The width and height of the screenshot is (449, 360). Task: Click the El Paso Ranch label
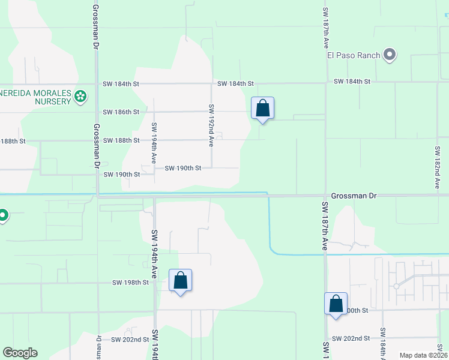pos(353,56)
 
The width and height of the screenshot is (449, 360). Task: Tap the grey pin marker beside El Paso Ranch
pos(390,55)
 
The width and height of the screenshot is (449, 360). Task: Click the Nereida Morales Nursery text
pos(35,95)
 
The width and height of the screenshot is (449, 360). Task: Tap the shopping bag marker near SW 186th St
pos(262,109)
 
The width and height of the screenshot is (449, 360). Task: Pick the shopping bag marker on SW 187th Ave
pos(336,304)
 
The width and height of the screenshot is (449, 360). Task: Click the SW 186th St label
pos(121,112)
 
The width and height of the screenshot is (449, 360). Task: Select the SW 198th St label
pos(130,282)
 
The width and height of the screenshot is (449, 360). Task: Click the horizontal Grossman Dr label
pos(354,196)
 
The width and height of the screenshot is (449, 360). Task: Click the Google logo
pos(20,353)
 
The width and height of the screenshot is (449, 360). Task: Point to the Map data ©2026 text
pos(423,355)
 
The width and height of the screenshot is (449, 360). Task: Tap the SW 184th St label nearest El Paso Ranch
pos(352,81)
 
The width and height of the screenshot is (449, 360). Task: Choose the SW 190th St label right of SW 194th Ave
pos(182,168)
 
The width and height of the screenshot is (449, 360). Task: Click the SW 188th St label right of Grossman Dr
pos(121,140)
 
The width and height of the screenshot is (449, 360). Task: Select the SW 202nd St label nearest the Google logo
pos(130,340)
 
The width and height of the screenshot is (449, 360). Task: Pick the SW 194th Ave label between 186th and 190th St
pos(154,143)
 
